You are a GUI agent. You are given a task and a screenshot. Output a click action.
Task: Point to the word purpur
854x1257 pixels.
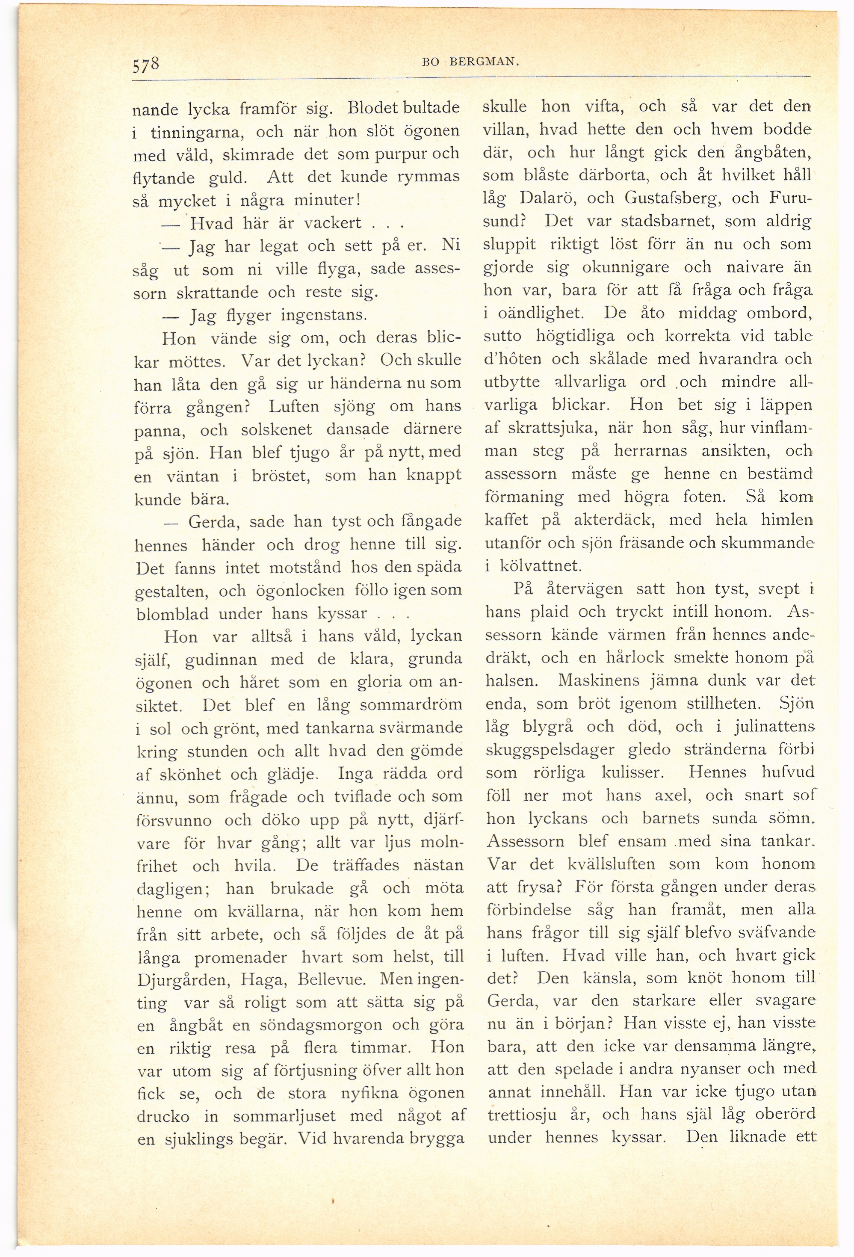click(x=394, y=154)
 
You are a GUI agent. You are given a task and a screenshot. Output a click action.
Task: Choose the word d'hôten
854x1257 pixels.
click(x=512, y=359)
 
